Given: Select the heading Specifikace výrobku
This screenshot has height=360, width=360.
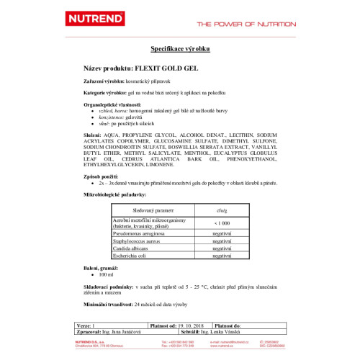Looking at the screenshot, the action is [x=179, y=50].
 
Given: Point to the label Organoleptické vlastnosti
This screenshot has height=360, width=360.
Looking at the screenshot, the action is [x=112, y=104].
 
